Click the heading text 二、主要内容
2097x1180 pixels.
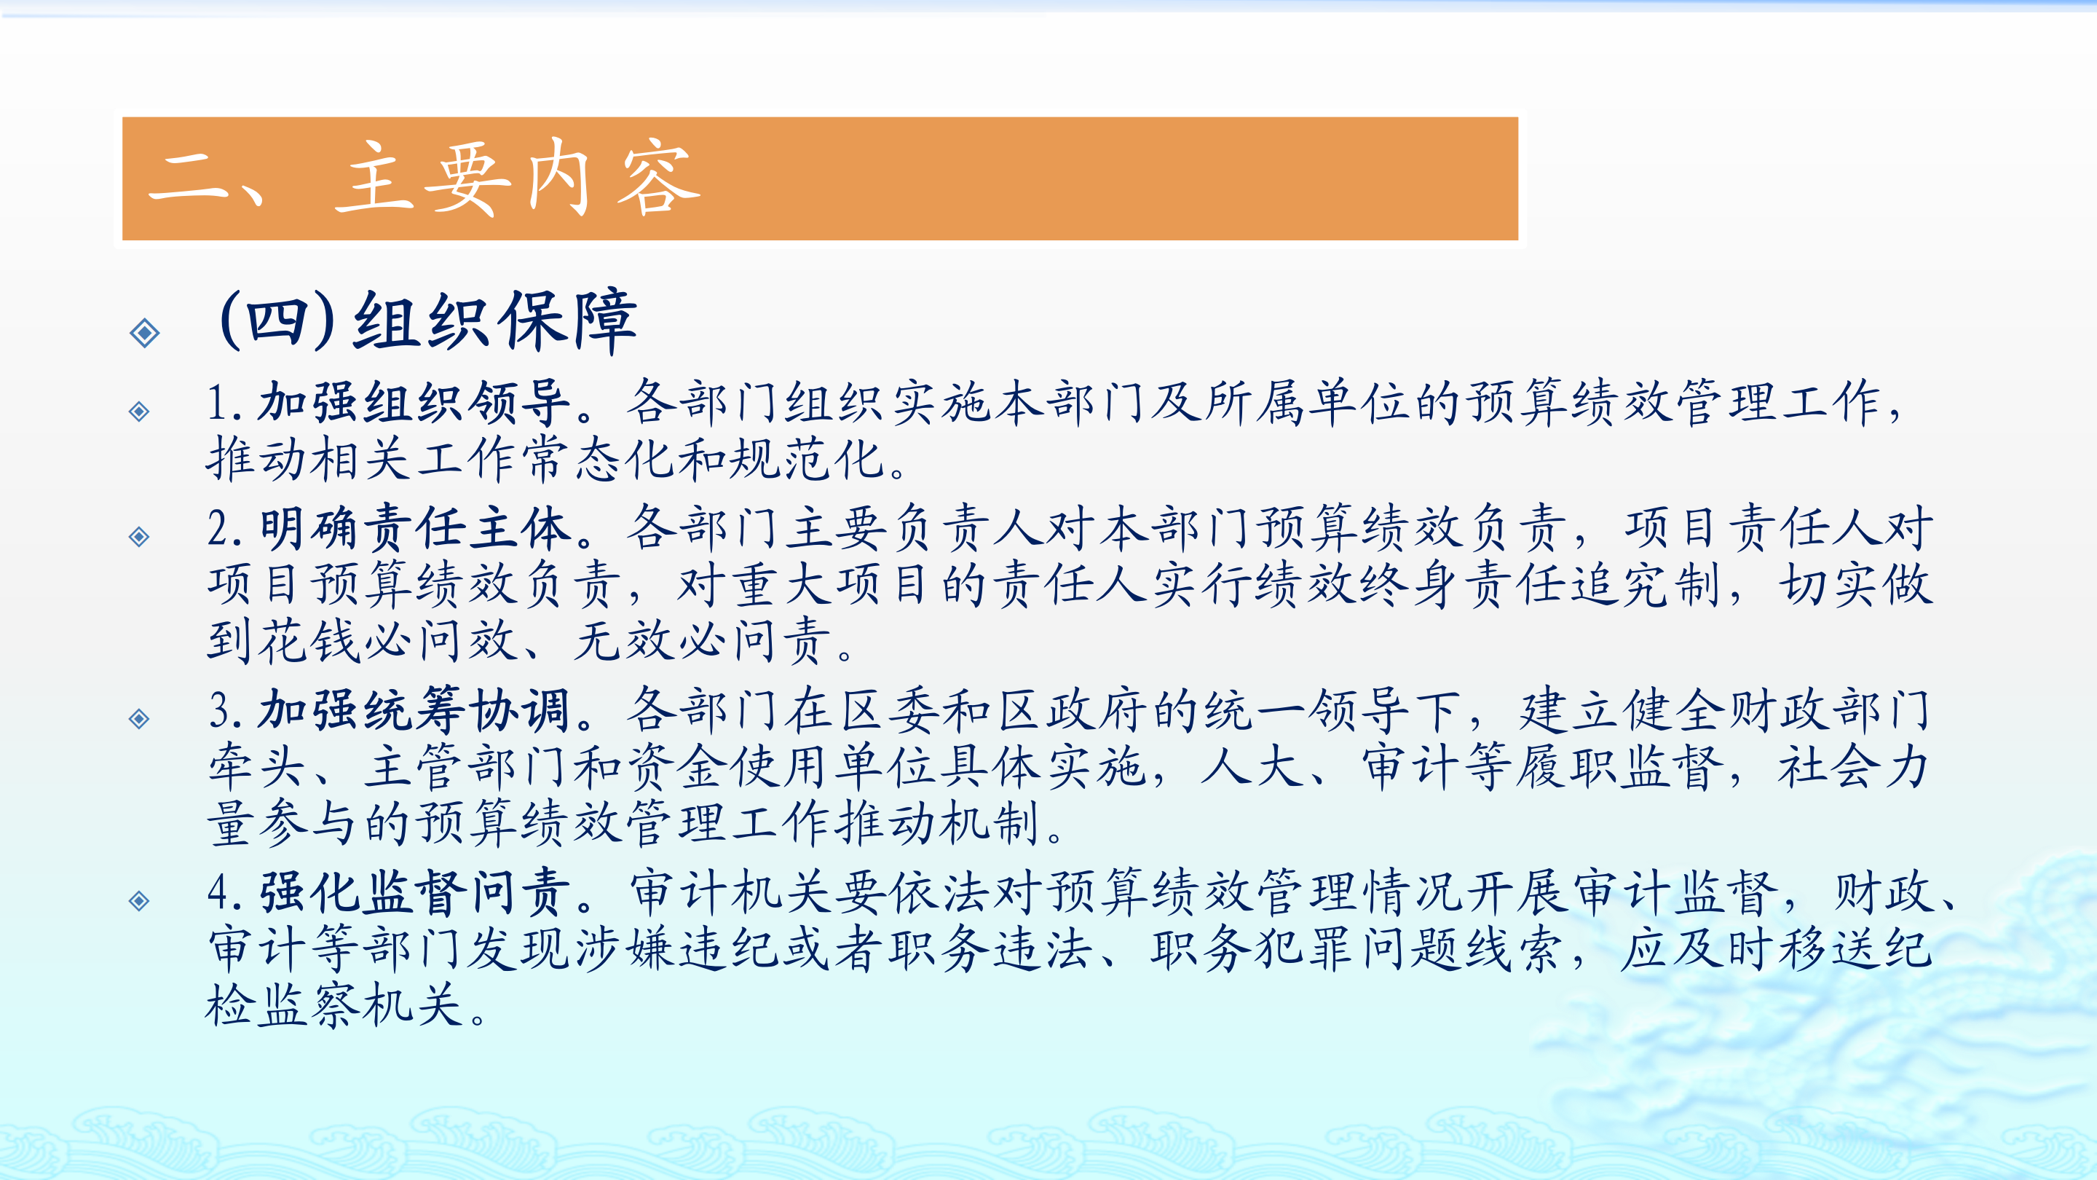pos(424,178)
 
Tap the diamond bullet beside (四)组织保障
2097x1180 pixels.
pos(145,332)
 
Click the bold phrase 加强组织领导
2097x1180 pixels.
pos(414,402)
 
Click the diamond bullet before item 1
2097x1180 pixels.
pos(139,412)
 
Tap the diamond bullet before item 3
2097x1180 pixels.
pos(139,718)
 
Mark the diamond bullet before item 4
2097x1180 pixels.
pos(139,901)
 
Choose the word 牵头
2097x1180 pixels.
pos(257,767)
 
